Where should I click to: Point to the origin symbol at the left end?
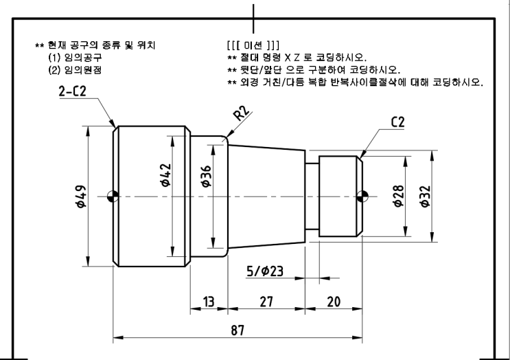point(114,196)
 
